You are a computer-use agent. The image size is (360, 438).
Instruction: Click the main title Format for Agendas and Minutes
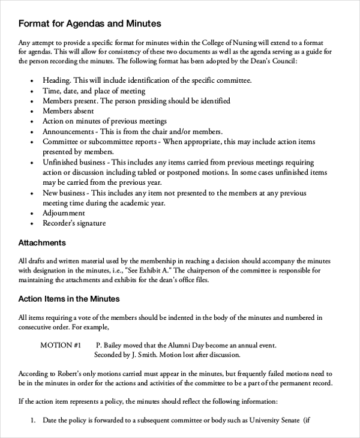(x=90, y=24)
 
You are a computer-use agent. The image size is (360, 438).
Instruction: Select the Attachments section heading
(x=42, y=243)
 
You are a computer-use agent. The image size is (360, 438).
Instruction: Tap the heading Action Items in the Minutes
(x=69, y=298)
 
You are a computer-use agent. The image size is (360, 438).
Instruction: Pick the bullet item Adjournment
(x=64, y=213)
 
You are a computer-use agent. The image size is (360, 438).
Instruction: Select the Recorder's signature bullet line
(x=74, y=223)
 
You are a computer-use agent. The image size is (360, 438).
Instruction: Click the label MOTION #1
(x=61, y=346)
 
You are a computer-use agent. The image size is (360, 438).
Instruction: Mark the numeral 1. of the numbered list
(x=34, y=420)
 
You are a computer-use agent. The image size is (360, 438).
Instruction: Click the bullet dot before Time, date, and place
(x=30, y=91)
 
